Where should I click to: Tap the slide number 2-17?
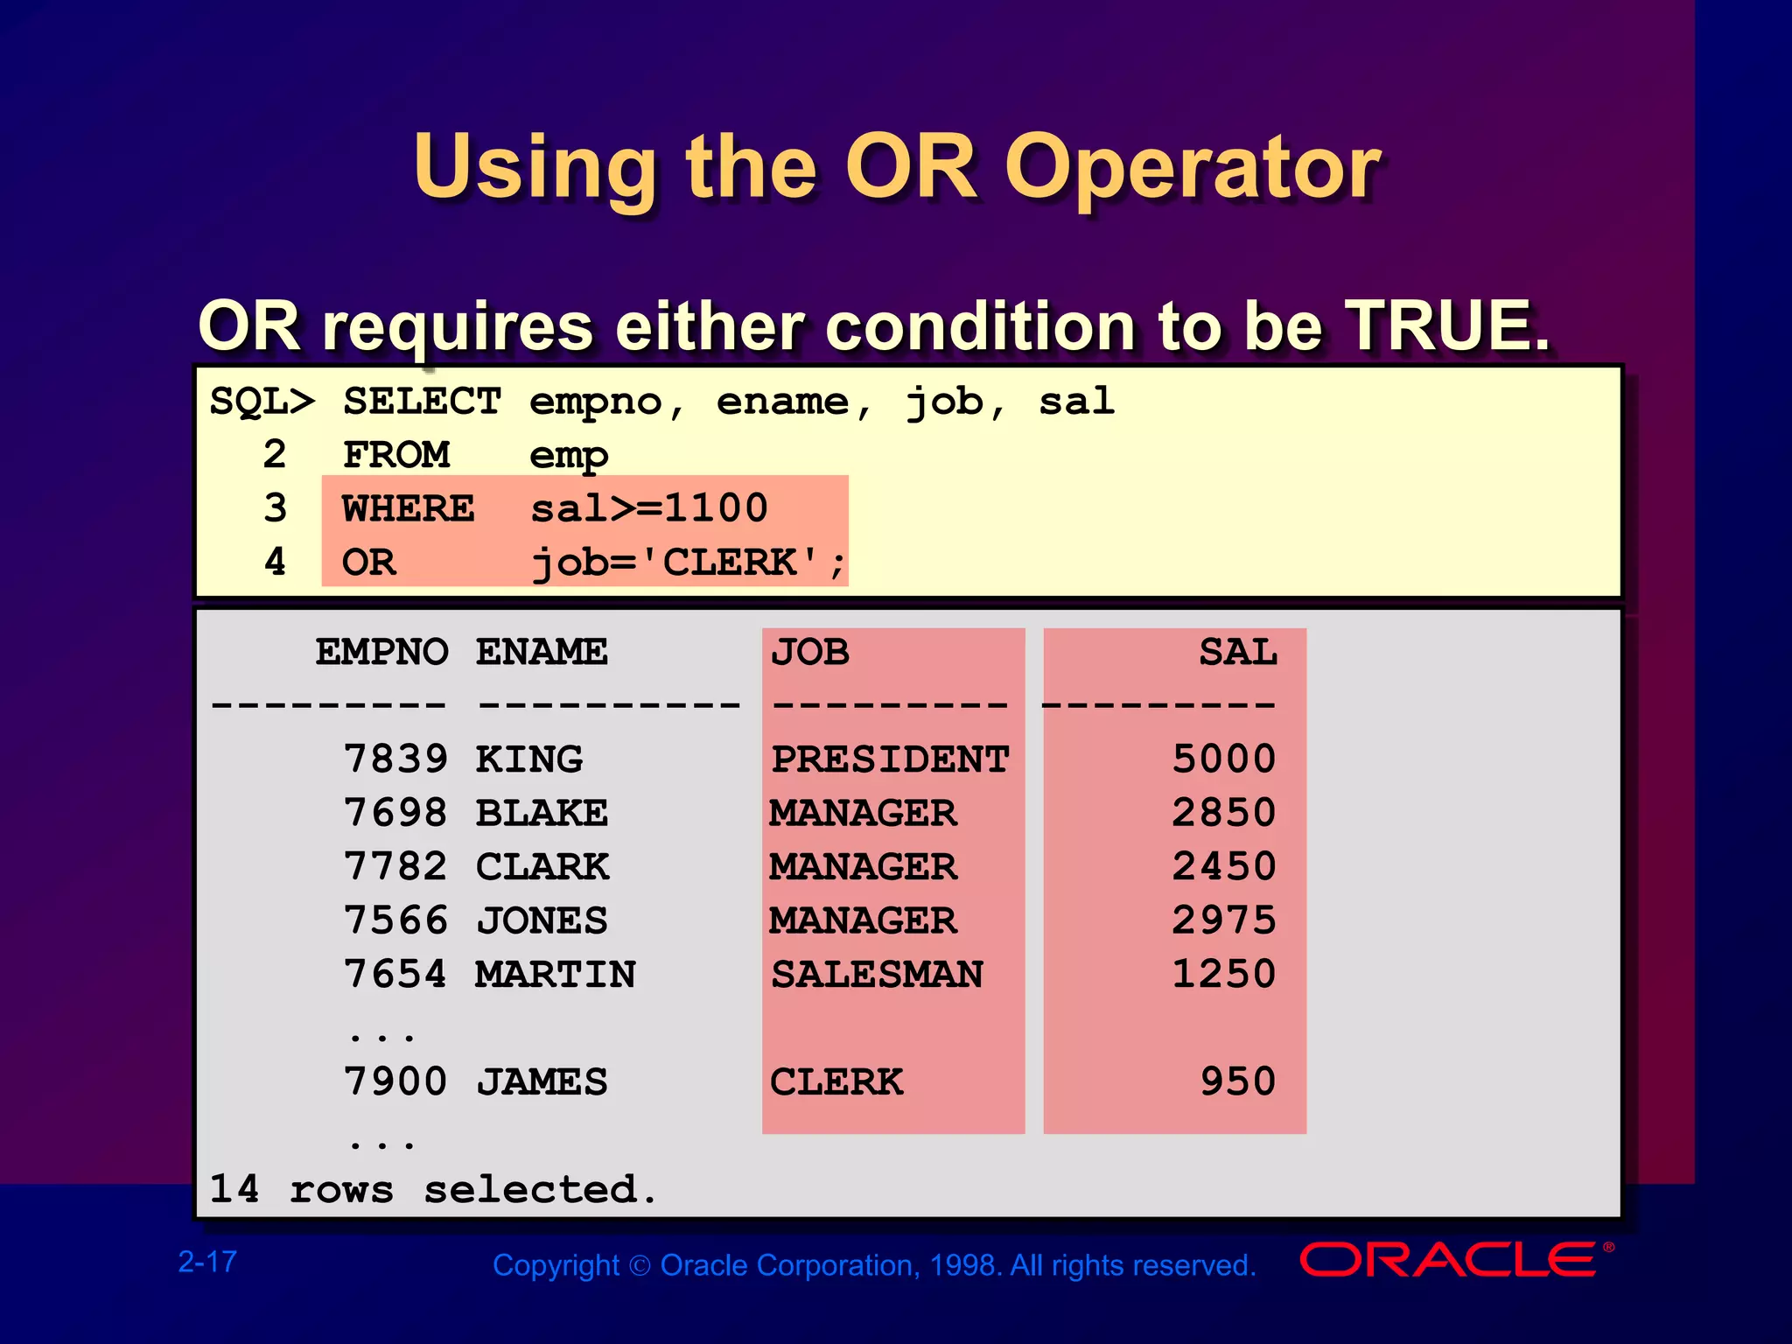207,1262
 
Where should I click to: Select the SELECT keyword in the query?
422,402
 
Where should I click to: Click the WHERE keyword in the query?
408,508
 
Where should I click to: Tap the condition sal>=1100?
648,508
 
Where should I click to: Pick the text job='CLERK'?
689,563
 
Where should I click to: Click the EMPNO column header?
381,652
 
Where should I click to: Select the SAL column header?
1237,652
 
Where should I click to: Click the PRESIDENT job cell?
890,759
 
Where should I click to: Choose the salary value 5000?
1223,759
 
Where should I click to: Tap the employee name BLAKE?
542,813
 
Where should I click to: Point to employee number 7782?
395,866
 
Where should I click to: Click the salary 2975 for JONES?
1223,920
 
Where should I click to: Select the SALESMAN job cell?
877,975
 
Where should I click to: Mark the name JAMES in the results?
542,1082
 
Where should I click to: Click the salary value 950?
1237,1082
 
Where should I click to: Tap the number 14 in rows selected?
234,1189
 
